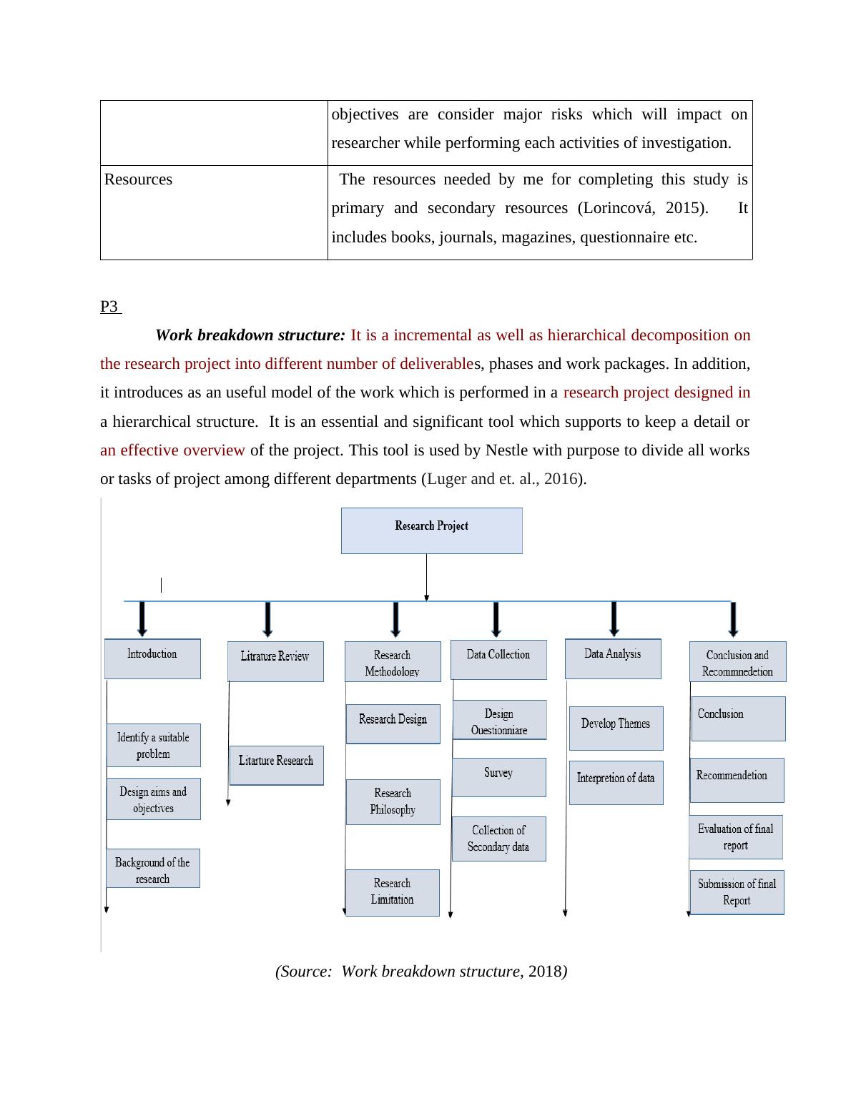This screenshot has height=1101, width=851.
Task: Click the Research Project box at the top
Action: (x=431, y=530)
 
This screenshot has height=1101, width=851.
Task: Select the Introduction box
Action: (x=152, y=658)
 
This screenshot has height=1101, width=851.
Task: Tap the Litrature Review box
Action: (x=275, y=661)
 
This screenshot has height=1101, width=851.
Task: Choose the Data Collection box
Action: (x=498, y=659)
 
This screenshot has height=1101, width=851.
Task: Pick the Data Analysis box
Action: (x=613, y=658)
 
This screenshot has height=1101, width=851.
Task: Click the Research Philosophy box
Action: (x=393, y=801)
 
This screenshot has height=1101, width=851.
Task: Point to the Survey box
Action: (x=498, y=776)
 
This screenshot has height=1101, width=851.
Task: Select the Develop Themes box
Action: (x=616, y=728)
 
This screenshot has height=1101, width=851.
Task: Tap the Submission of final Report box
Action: (x=737, y=892)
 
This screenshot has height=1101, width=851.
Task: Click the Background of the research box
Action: (x=153, y=869)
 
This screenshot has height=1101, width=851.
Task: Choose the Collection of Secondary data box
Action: (x=498, y=839)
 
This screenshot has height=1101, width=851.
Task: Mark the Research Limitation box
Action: (x=392, y=892)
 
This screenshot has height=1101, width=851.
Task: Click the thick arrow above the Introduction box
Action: (x=142, y=618)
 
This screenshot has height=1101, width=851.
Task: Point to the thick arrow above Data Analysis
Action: (x=614, y=618)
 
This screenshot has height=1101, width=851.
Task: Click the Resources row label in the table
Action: (x=138, y=179)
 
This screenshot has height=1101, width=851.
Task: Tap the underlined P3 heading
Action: (x=109, y=307)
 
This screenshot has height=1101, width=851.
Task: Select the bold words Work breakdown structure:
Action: (x=250, y=335)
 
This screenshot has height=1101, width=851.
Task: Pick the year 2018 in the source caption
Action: (x=544, y=972)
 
